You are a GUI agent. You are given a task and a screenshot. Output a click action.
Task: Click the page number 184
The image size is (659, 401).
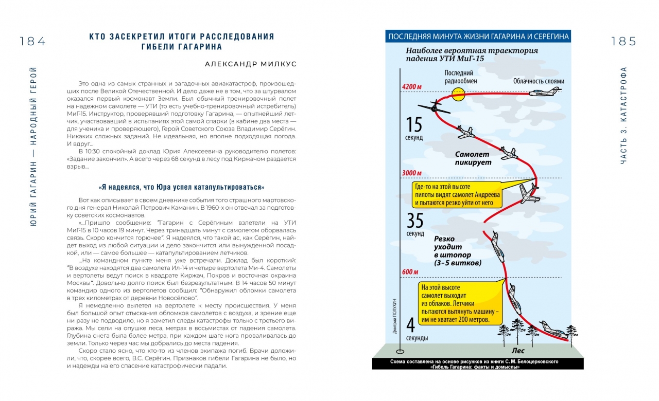(x=33, y=42)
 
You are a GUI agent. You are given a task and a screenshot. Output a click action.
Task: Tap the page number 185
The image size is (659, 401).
(x=623, y=42)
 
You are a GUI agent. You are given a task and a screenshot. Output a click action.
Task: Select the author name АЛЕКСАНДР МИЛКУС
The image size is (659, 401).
(x=251, y=64)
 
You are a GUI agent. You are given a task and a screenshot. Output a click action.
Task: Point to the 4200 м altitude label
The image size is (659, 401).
(x=412, y=86)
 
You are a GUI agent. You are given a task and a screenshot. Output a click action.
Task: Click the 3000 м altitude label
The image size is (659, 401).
(x=412, y=173)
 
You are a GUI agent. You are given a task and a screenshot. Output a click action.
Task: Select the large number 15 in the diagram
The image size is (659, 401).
(x=415, y=125)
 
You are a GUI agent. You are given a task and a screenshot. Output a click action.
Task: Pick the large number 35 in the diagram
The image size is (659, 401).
(x=415, y=221)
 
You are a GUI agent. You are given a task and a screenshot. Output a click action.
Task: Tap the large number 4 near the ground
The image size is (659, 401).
(x=411, y=325)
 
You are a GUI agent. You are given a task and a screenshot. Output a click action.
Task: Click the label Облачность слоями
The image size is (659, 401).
(x=539, y=81)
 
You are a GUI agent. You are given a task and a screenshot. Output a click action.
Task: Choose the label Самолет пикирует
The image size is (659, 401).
(x=473, y=158)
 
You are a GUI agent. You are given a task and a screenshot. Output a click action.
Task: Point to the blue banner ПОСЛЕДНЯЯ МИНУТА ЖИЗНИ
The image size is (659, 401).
(x=478, y=37)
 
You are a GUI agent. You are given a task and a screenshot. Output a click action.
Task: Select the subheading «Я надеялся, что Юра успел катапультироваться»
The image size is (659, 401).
(x=181, y=187)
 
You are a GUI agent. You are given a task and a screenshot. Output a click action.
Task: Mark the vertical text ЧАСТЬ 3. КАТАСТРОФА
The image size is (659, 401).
(x=623, y=116)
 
